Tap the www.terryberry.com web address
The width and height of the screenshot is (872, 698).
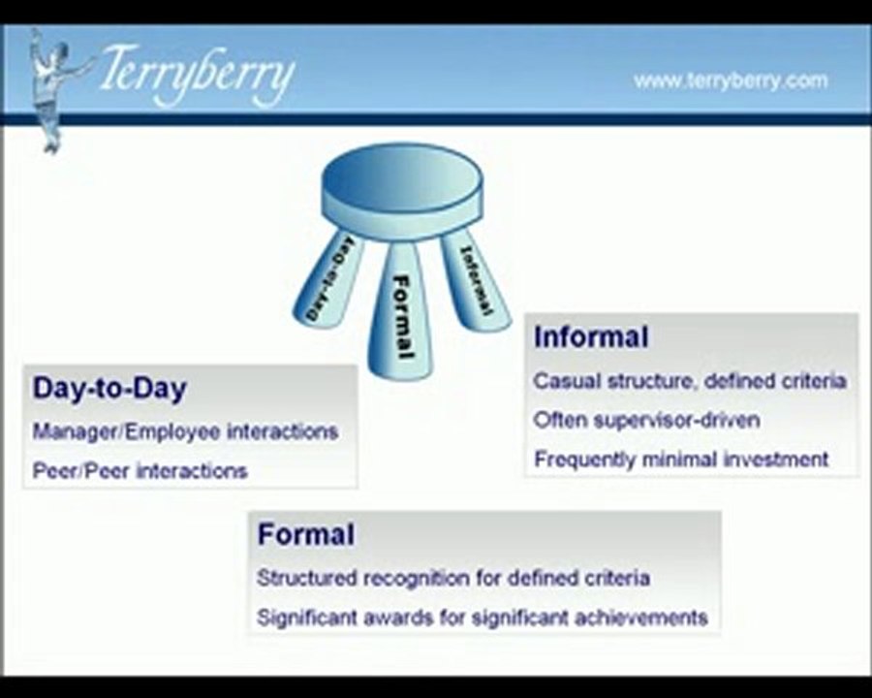[731, 80]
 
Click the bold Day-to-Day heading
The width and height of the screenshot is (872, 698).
[109, 389]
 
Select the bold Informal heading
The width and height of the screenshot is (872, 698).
[591, 337]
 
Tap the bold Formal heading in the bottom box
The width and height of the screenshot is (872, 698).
[306, 534]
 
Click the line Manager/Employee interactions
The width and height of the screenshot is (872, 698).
[185, 431]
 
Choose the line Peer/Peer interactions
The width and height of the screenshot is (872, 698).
[140, 471]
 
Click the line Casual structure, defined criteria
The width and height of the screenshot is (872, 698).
[690, 381]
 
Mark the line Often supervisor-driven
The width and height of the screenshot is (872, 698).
[646, 420]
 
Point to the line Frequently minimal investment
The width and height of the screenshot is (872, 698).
[681, 460]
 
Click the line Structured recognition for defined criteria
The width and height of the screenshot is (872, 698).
[452, 578]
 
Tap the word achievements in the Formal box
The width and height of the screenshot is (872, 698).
[650, 617]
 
